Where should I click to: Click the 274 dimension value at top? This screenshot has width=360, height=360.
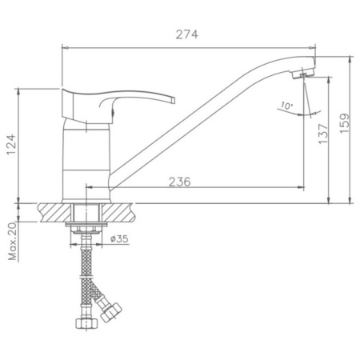pyautogui.click(x=187, y=34)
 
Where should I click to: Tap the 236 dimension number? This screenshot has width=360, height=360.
pyautogui.click(x=180, y=182)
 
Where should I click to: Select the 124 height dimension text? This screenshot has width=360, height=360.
pyautogui.click(x=11, y=145)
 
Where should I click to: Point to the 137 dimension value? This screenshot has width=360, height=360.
pyautogui.click(x=323, y=134)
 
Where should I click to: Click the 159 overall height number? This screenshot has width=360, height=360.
pyautogui.click(x=344, y=123)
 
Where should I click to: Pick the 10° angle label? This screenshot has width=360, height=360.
pyautogui.click(x=286, y=106)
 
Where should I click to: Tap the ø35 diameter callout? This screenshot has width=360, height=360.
pyautogui.click(x=119, y=238)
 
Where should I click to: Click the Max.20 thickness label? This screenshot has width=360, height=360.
pyautogui.click(x=12, y=242)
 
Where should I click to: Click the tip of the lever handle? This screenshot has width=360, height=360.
pyautogui.click(x=174, y=100)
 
